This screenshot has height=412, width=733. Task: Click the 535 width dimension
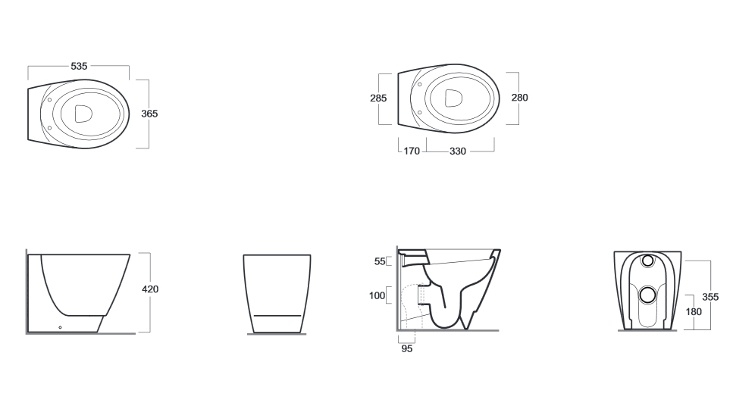click(x=79, y=67)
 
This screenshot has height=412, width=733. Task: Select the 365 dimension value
click(x=149, y=114)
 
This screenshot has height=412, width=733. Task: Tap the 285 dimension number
click(x=378, y=98)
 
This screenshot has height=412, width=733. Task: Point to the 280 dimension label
click(x=519, y=98)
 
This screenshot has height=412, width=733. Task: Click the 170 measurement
click(x=412, y=151)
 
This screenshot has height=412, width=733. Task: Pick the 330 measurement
click(x=458, y=151)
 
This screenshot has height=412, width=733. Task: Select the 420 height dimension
click(x=150, y=289)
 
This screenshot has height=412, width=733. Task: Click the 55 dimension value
click(x=380, y=261)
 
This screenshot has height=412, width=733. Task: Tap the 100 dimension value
click(x=377, y=295)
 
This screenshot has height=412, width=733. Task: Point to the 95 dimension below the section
click(x=407, y=349)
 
